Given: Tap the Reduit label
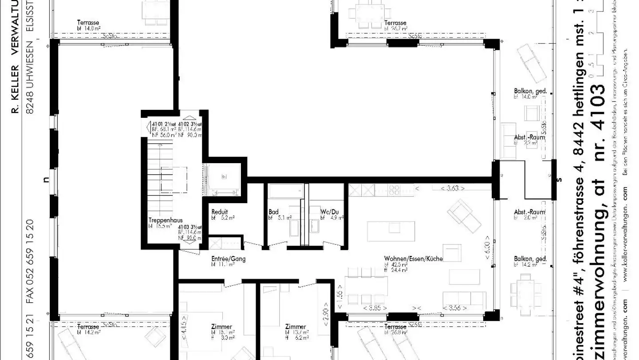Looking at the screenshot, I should pyautogui.click(x=219, y=212).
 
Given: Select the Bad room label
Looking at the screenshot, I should pyautogui.click(x=273, y=212).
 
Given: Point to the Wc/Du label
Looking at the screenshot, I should pyautogui.click(x=329, y=212).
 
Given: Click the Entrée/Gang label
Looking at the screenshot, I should pyautogui.click(x=228, y=259).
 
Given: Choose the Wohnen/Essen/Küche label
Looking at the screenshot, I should pyautogui.click(x=413, y=259).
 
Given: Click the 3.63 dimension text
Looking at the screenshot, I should pyautogui.click(x=452, y=188).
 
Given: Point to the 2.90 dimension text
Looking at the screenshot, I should pyautogui.click(x=326, y=318).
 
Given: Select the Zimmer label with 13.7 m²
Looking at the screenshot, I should pyautogui.click(x=296, y=327).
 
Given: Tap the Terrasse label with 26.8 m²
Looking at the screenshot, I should pyautogui.click(x=395, y=327).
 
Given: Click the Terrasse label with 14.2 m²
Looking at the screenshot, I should pyautogui.click(x=88, y=327).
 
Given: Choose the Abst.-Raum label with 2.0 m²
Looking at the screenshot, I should pyautogui.click(x=529, y=212).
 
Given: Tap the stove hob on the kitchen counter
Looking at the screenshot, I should pyautogui.click(x=394, y=190).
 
